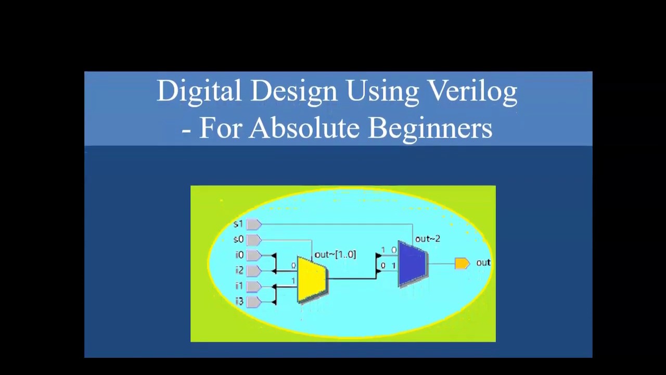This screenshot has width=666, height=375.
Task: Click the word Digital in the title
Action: click(199, 91)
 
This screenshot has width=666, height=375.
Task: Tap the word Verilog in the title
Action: click(472, 91)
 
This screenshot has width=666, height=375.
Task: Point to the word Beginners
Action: click(430, 128)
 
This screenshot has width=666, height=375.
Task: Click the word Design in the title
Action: click(293, 91)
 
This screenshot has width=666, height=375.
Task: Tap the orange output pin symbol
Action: click(462, 264)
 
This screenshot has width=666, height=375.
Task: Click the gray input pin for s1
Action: click(253, 224)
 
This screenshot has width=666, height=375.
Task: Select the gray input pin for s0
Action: click(253, 240)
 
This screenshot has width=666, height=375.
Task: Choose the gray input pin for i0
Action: click(253, 255)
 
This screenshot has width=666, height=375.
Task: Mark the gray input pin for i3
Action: click(253, 302)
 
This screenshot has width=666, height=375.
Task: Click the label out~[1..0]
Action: click(335, 255)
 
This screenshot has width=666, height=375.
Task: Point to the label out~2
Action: click(427, 239)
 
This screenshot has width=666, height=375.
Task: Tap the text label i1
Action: click(239, 286)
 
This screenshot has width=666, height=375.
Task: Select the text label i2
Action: click(239, 270)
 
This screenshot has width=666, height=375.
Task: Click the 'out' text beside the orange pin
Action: click(483, 263)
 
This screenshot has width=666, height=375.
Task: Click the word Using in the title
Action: click(382, 91)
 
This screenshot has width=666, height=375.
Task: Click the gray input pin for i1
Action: click(253, 286)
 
